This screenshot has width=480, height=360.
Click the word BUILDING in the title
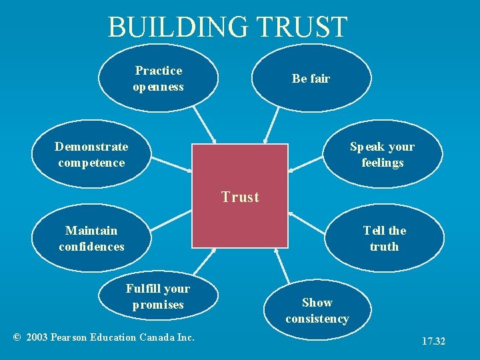coord(177,27)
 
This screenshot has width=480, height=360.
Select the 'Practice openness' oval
coord(158,79)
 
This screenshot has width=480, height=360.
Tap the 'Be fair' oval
coord(311,79)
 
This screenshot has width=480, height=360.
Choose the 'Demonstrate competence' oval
coord(91,155)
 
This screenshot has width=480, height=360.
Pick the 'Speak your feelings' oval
coord(383,155)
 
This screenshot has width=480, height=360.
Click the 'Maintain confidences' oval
coord(91,239)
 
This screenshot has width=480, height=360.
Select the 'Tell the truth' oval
coord(384,239)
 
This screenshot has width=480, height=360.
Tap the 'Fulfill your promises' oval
coord(158,297)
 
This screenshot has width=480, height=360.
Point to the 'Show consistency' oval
coord(317,311)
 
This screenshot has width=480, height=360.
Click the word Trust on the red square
coord(240,197)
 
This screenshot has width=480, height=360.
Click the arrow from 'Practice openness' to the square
coord(204,125)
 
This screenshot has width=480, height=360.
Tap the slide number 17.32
coord(433,341)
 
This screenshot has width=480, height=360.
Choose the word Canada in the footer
coord(158,337)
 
